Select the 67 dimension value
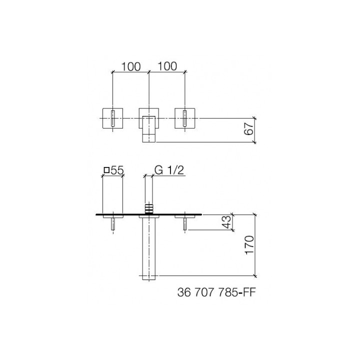[x=250, y=130]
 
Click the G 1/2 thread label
[x=169, y=170]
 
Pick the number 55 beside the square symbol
[x=117, y=170]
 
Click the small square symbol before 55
[x=106, y=170]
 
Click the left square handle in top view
[x=113, y=118]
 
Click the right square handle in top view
[x=186, y=118]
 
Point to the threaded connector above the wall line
[x=149, y=207]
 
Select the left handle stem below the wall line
[x=113, y=223]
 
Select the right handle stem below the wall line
[x=185, y=223]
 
